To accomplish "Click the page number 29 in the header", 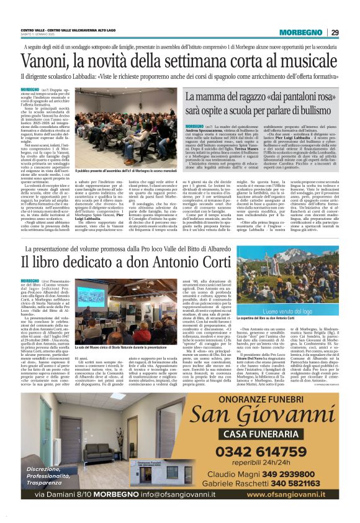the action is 335,32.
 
